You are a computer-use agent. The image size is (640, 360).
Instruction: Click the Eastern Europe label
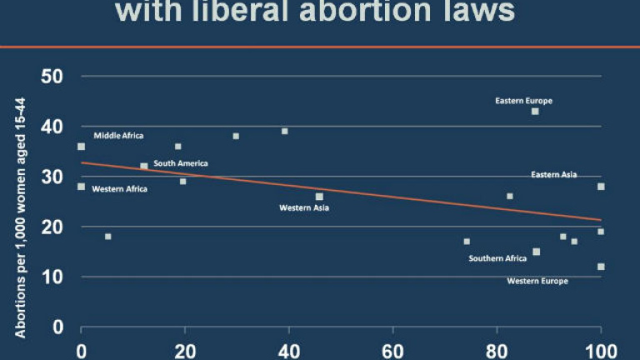[x=523, y=101]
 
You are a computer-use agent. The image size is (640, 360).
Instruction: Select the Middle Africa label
[x=118, y=135]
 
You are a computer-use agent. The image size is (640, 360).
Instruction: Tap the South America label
[x=181, y=163]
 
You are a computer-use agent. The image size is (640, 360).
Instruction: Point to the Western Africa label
[x=119, y=189]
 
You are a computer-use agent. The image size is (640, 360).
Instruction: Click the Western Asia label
[x=304, y=207]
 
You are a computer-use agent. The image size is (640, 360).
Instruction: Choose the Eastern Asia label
[x=554, y=175]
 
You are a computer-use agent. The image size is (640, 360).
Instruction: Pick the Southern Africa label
[x=497, y=258]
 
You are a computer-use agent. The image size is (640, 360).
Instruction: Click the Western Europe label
[x=537, y=281]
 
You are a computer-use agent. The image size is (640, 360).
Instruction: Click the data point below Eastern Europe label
[x=535, y=111]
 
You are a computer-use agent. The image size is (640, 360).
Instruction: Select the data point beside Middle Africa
[x=81, y=147]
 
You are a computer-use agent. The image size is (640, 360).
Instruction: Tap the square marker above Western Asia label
[x=319, y=197]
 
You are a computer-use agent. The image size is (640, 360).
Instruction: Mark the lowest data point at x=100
[x=601, y=267]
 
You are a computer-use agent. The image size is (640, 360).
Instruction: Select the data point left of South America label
[x=144, y=166]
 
